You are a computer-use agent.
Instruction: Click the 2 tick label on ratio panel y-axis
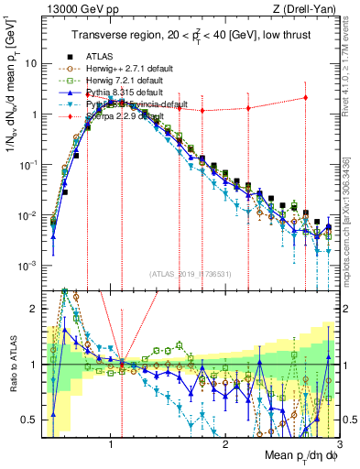32,309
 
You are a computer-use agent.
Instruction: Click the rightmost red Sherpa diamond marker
305,98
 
